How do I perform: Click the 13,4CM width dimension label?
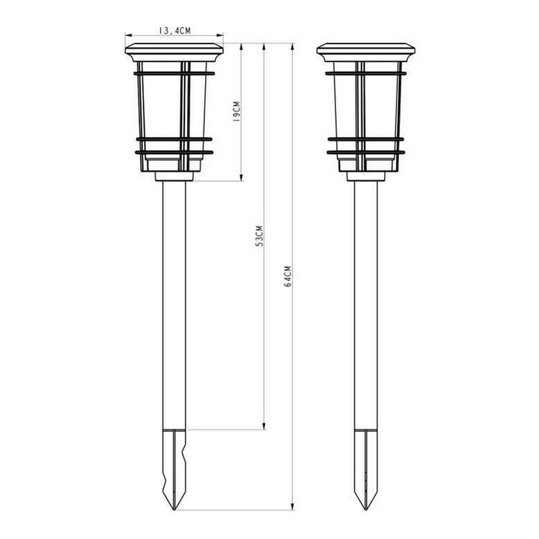click(x=175, y=31)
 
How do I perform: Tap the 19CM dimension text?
click(x=236, y=112)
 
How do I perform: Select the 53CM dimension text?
click(x=260, y=236)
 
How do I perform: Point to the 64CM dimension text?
click(x=288, y=276)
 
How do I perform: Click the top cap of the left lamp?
click(x=174, y=52)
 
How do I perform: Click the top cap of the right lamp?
click(x=366, y=52)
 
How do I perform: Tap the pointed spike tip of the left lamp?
click(x=174, y=510)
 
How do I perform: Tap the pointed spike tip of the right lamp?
click(x=366, y=510)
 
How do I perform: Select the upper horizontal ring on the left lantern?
click(x=174, y=73)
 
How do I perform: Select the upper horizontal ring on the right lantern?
click(x=366, y=73)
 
